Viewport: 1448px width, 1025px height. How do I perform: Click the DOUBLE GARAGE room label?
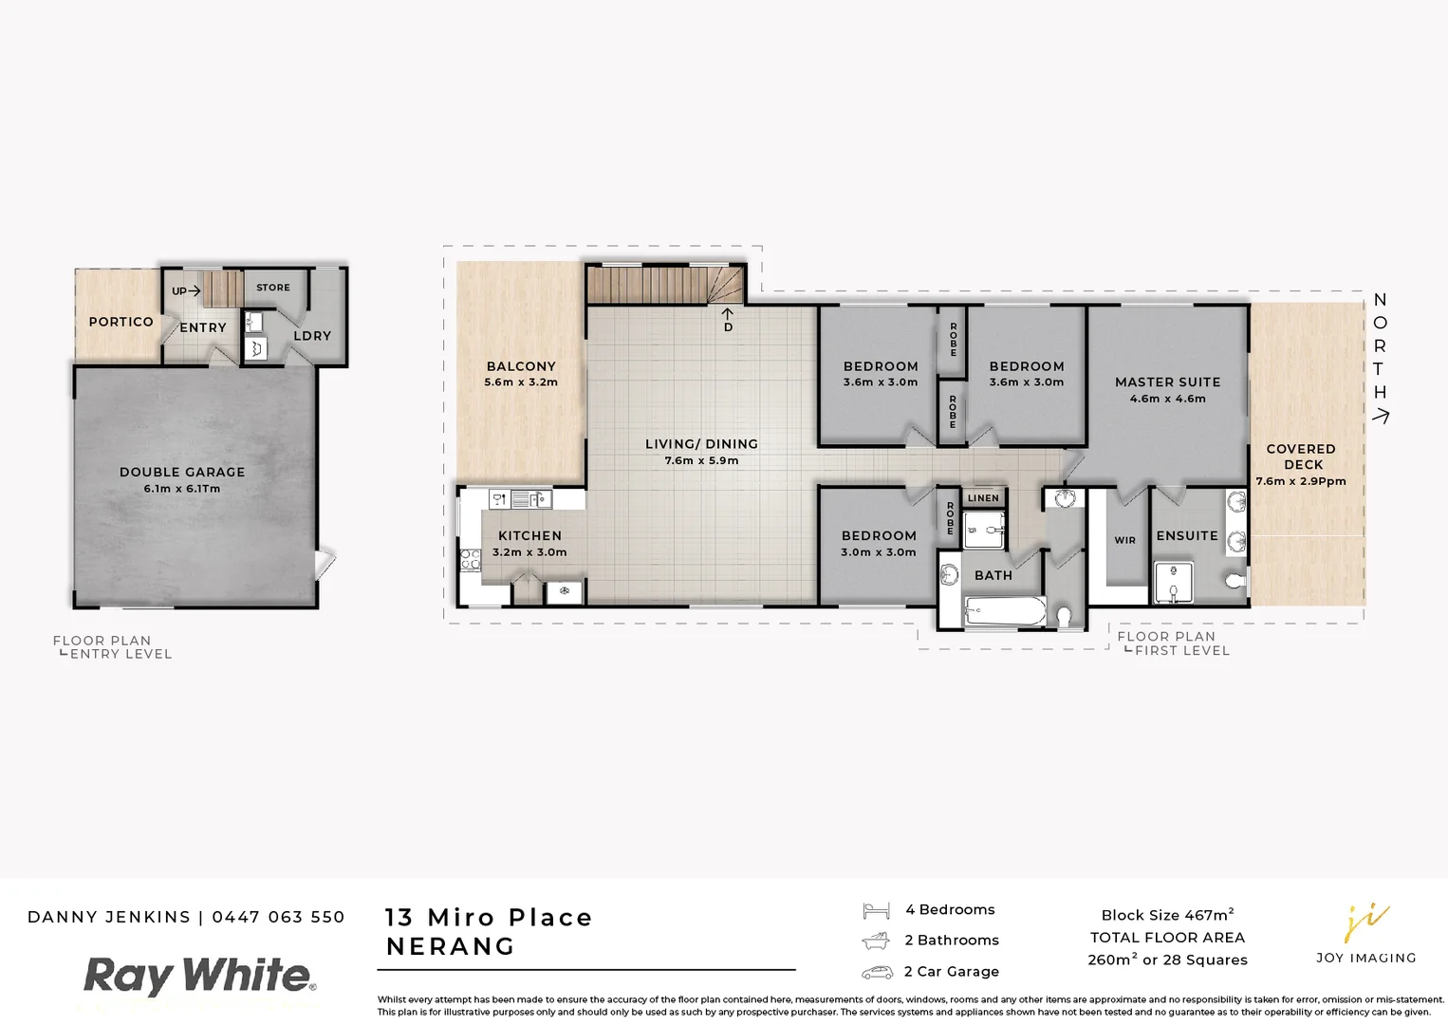(182, 472)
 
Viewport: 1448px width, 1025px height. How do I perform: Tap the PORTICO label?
(121, 322)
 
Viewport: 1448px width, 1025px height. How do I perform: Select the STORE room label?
(273, 288)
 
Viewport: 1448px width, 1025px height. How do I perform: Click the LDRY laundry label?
(312, 336)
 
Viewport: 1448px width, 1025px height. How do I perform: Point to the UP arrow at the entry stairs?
(186, 291)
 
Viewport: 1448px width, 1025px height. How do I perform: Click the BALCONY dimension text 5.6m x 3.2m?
(521, 382)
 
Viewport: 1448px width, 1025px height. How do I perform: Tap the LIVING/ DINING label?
(701, 444)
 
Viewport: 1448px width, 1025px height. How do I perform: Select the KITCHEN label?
(529, 535)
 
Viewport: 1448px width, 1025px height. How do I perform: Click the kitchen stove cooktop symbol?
(471, 559)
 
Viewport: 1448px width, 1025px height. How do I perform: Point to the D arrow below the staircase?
(728, 319)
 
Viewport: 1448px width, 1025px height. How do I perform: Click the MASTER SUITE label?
(1167, 382)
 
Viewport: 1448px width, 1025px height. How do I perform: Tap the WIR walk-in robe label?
(1124, 540)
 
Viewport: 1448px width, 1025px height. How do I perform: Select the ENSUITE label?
(1186, 536)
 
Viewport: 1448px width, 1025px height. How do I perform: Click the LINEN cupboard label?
(983, 498)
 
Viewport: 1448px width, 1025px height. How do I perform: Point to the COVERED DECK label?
(1301, 457)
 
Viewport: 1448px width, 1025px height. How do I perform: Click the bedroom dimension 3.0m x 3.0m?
(878, 552)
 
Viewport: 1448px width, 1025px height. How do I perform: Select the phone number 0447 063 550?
(278, 917)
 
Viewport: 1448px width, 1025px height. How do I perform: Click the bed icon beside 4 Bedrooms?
(876, 911)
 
